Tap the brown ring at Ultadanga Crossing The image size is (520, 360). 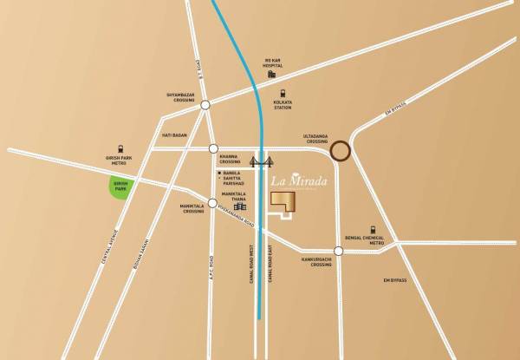click(x=341, y=151)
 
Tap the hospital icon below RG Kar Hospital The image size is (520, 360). click(x=271, y=75)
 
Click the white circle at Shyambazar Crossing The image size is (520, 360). click(x=205, y=106)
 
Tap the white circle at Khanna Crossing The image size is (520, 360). click(x=213, y=148)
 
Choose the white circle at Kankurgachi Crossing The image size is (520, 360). click(x=339, y=252)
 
